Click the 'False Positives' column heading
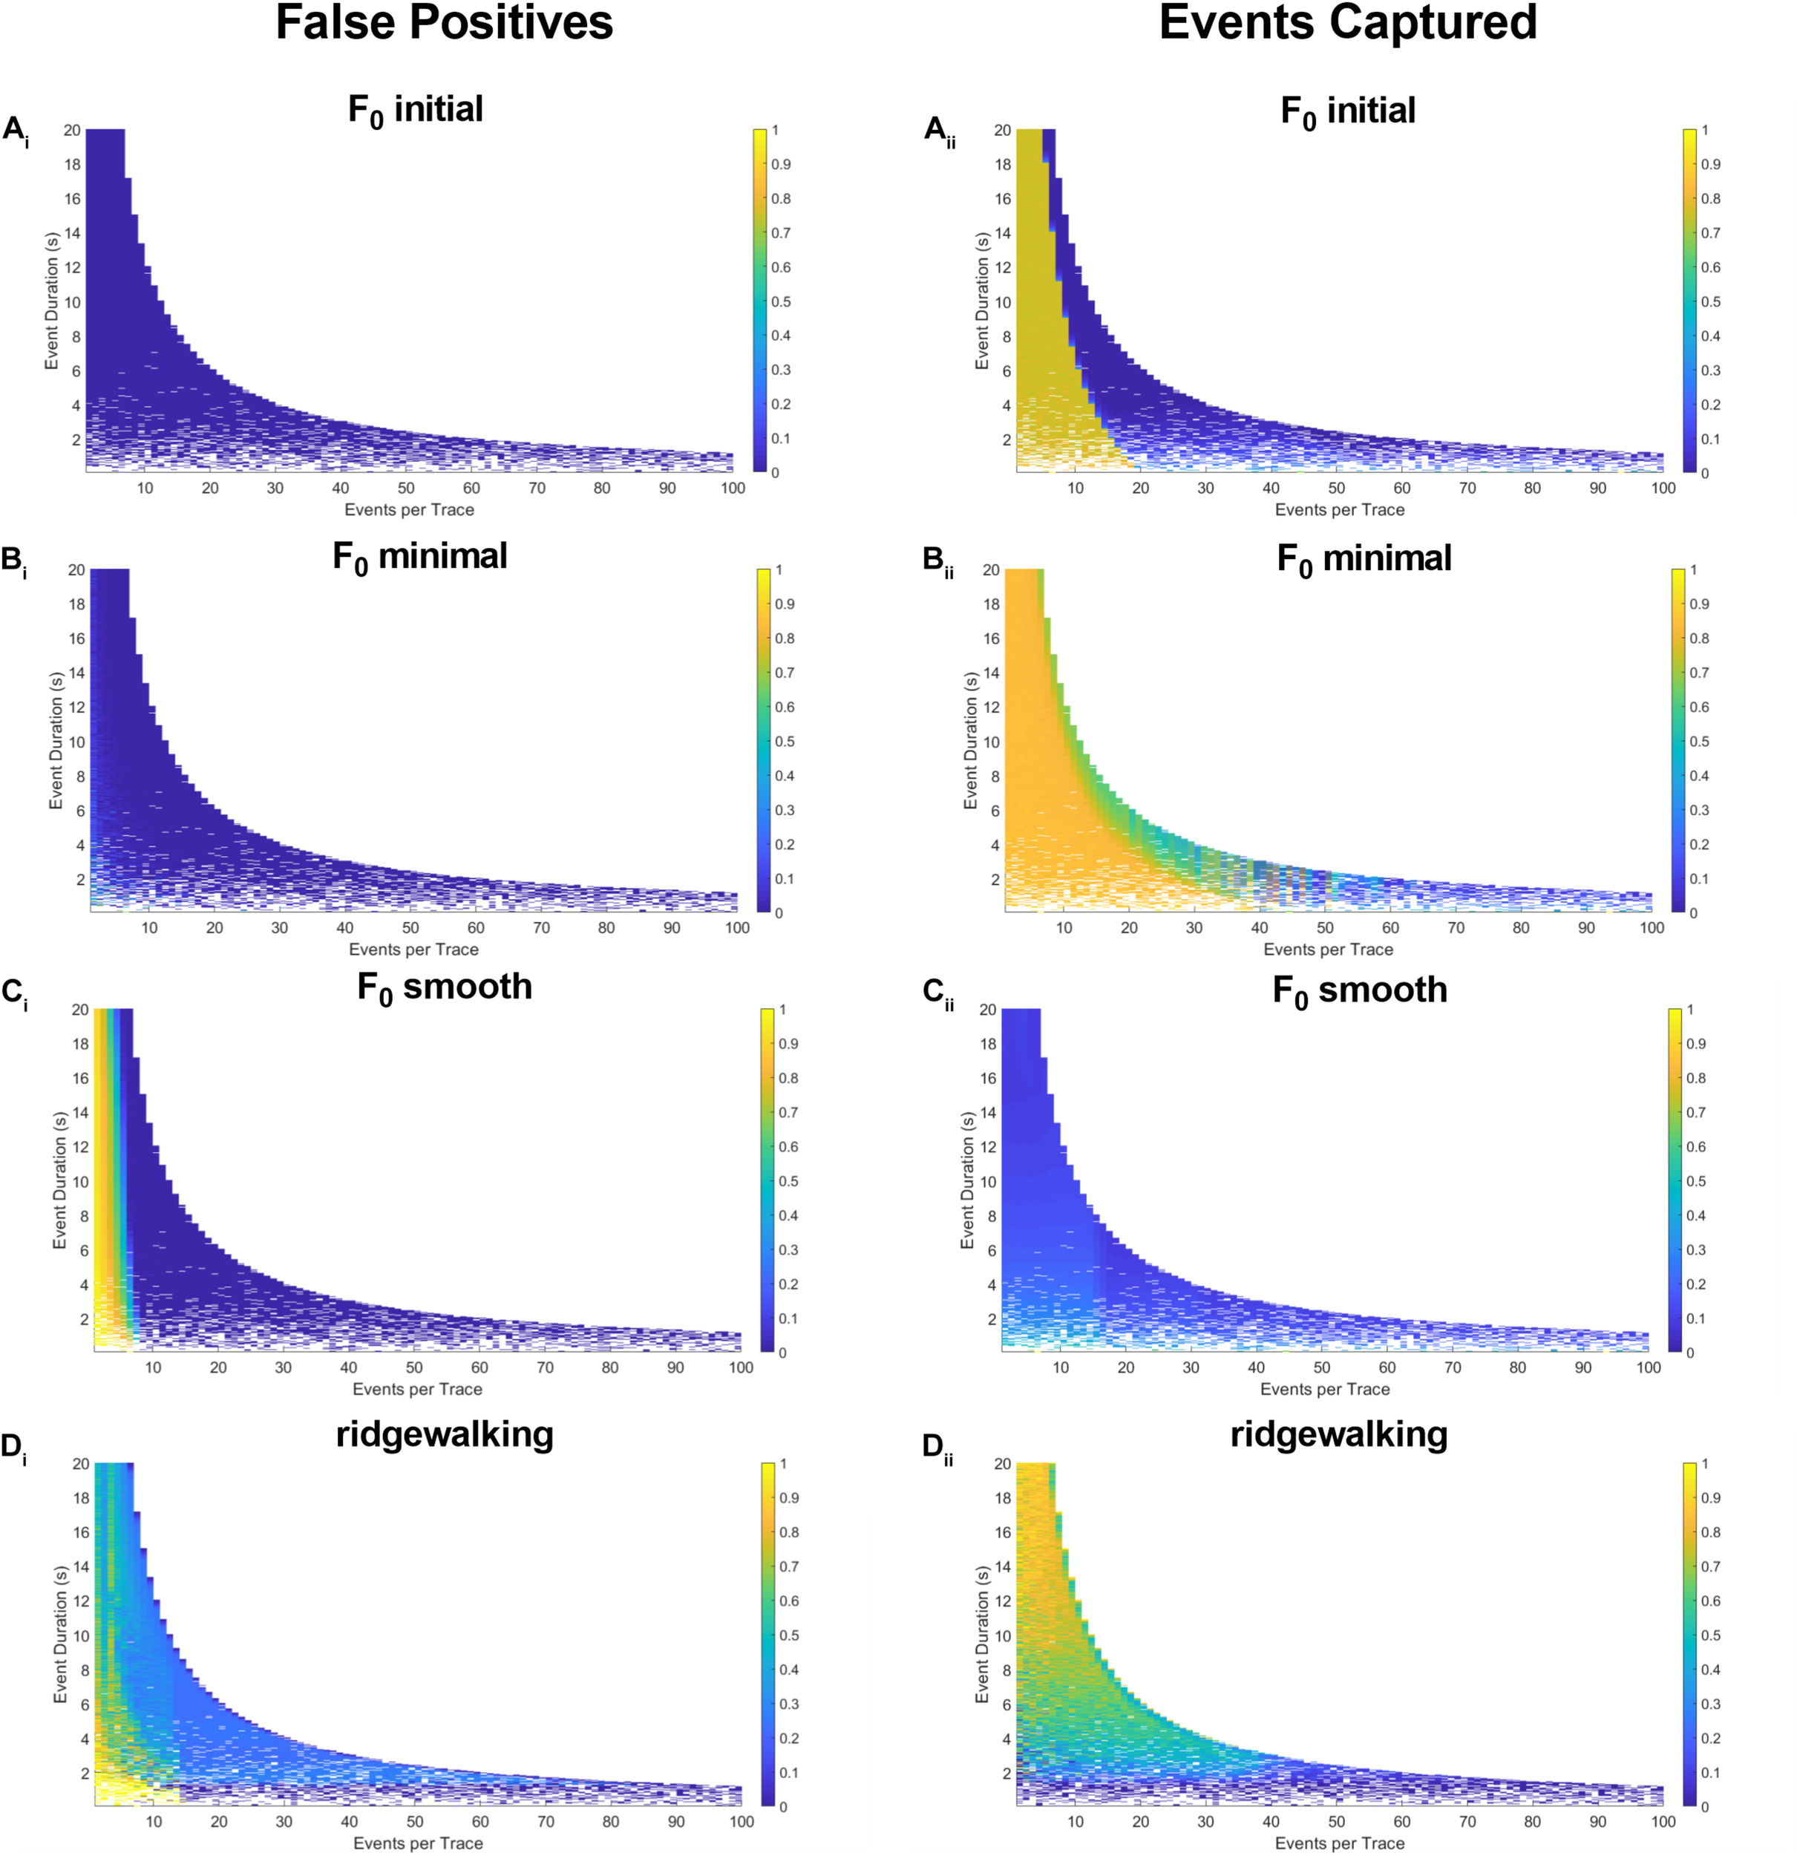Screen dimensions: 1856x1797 click(x=444, y=23)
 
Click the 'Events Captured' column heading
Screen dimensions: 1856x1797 click(x=1347, y=23)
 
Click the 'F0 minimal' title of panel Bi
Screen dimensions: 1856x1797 click(x=419, y=558)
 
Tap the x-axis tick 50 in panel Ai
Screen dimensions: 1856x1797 click(x=406, y=488)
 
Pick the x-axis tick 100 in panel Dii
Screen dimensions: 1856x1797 click(x=1663, y=1822)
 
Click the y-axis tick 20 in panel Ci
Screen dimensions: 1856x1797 click(x=80, y=1010)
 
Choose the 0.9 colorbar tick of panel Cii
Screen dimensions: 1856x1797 click(x=1696, y=1045)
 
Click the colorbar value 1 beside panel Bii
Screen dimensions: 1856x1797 click(x=1694, y=570)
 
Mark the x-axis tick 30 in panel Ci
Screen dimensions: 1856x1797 click(x=283, y=1368)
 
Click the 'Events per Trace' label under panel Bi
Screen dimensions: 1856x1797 click(x=413, y=950)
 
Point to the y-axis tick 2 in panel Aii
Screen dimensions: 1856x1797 click(x=1006, y=440)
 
